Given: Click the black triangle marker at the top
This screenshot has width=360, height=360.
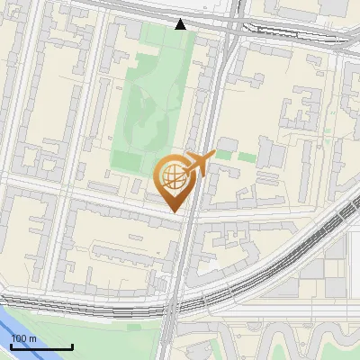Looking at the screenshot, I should [x=181, y=24].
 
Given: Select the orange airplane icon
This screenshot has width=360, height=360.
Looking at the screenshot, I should [x=200, y=164].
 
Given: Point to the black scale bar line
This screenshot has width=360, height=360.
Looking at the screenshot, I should [x=41, y=347].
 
